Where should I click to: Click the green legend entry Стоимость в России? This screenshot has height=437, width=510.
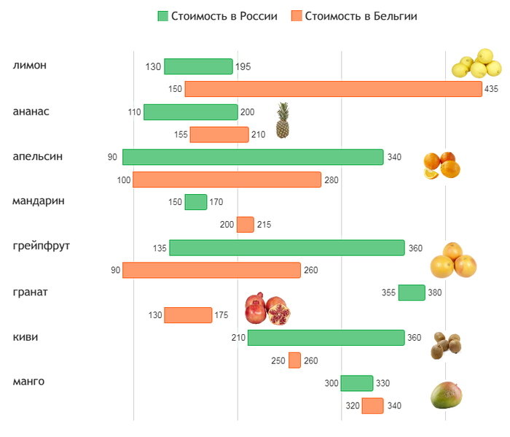coord(217,16)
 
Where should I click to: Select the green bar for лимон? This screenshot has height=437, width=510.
coord(198,66)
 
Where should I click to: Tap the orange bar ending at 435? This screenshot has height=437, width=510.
coord(333,89)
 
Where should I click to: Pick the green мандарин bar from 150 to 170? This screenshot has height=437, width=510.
coord(195,202)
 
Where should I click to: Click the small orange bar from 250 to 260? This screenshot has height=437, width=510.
coord(294,360)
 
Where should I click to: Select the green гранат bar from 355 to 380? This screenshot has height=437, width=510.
coord(411,293)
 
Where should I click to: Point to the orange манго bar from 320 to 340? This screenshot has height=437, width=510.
coord(372,406)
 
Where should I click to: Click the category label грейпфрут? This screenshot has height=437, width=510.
coord(42,247)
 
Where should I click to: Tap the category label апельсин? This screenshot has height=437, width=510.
coord(38,156)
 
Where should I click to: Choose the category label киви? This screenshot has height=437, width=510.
coord(25,337)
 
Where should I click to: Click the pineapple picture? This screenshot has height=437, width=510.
coord(283,120)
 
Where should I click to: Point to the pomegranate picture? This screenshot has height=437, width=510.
coord(267,309)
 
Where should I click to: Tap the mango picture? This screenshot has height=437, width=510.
coord(447,395)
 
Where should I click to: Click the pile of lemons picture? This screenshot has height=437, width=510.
coord(476,64)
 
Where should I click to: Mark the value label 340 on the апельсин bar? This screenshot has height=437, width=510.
coord(394,157)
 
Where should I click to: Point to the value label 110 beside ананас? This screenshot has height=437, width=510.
coord(134,112)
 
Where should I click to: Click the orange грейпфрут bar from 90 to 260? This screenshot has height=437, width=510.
coord(211,270)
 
